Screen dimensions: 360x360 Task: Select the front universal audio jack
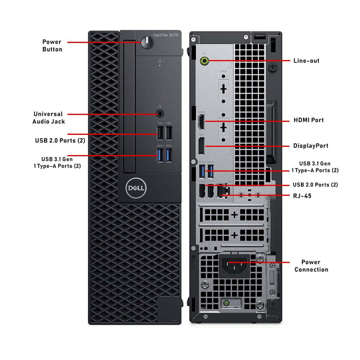tap(160, 114)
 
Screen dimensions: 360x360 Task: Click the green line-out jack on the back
tap(205, 61)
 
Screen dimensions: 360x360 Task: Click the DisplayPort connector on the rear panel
tap(202, 146)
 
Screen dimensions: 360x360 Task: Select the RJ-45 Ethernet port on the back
tap(222, 191)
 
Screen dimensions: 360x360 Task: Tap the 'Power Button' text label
tap(52, 46)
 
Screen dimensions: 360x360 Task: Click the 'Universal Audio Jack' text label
tap(48, 118)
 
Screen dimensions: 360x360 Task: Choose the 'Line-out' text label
tap(306, 61)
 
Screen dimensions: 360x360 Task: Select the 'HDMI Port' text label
tap(308, 120)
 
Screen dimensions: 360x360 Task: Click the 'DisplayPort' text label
tap(311, 145)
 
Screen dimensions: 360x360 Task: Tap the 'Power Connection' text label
tap(311, 266)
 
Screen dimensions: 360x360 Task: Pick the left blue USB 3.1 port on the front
tap(160, 155)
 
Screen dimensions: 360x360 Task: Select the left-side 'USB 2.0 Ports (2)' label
tap(60, 141)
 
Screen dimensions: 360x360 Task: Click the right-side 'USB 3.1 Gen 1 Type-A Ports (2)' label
tap(315, 167)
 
